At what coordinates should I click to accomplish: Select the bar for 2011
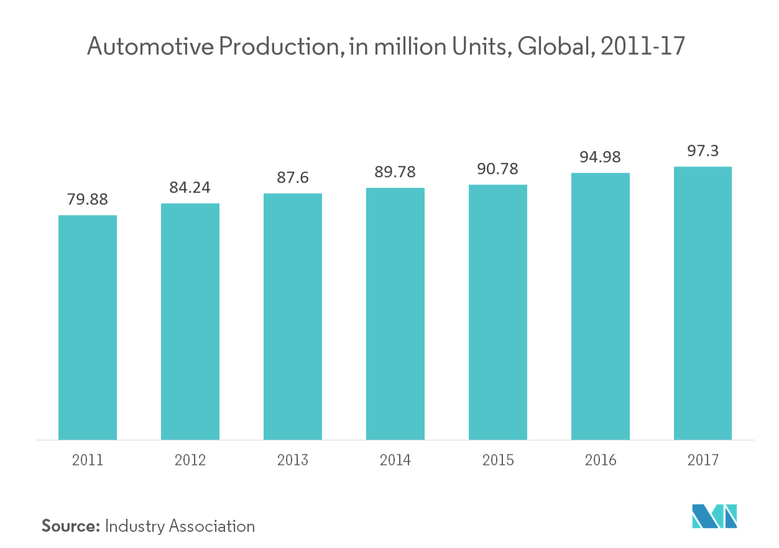(x=88, y=327)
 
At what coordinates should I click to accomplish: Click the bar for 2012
(x=190, y=321)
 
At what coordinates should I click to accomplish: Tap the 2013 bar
(x=293, y=316)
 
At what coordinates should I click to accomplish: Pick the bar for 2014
(x=395, y=313)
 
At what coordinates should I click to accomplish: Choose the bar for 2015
(x=498, y=312)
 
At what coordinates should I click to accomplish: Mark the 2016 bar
(x=601, y=306)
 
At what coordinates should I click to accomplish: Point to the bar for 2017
(x=703, y=303)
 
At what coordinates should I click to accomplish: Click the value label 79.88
(x=88, y=200)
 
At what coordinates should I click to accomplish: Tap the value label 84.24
(x=190, y=188)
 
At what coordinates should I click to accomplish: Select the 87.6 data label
(x=293, y=178)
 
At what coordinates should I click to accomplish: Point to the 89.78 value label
(x=395, y=172)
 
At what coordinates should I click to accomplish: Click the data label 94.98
(x=601, y=158)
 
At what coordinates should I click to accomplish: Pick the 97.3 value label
(x=703, y=152)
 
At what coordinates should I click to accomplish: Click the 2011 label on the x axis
(x=88, y=460)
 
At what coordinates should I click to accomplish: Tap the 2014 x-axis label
(x=395, y=460)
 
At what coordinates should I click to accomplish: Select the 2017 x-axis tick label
(x=703, y=460)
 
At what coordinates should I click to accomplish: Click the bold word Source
(x=71, y=526)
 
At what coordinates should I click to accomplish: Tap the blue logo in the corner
(x=714, y=516)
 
